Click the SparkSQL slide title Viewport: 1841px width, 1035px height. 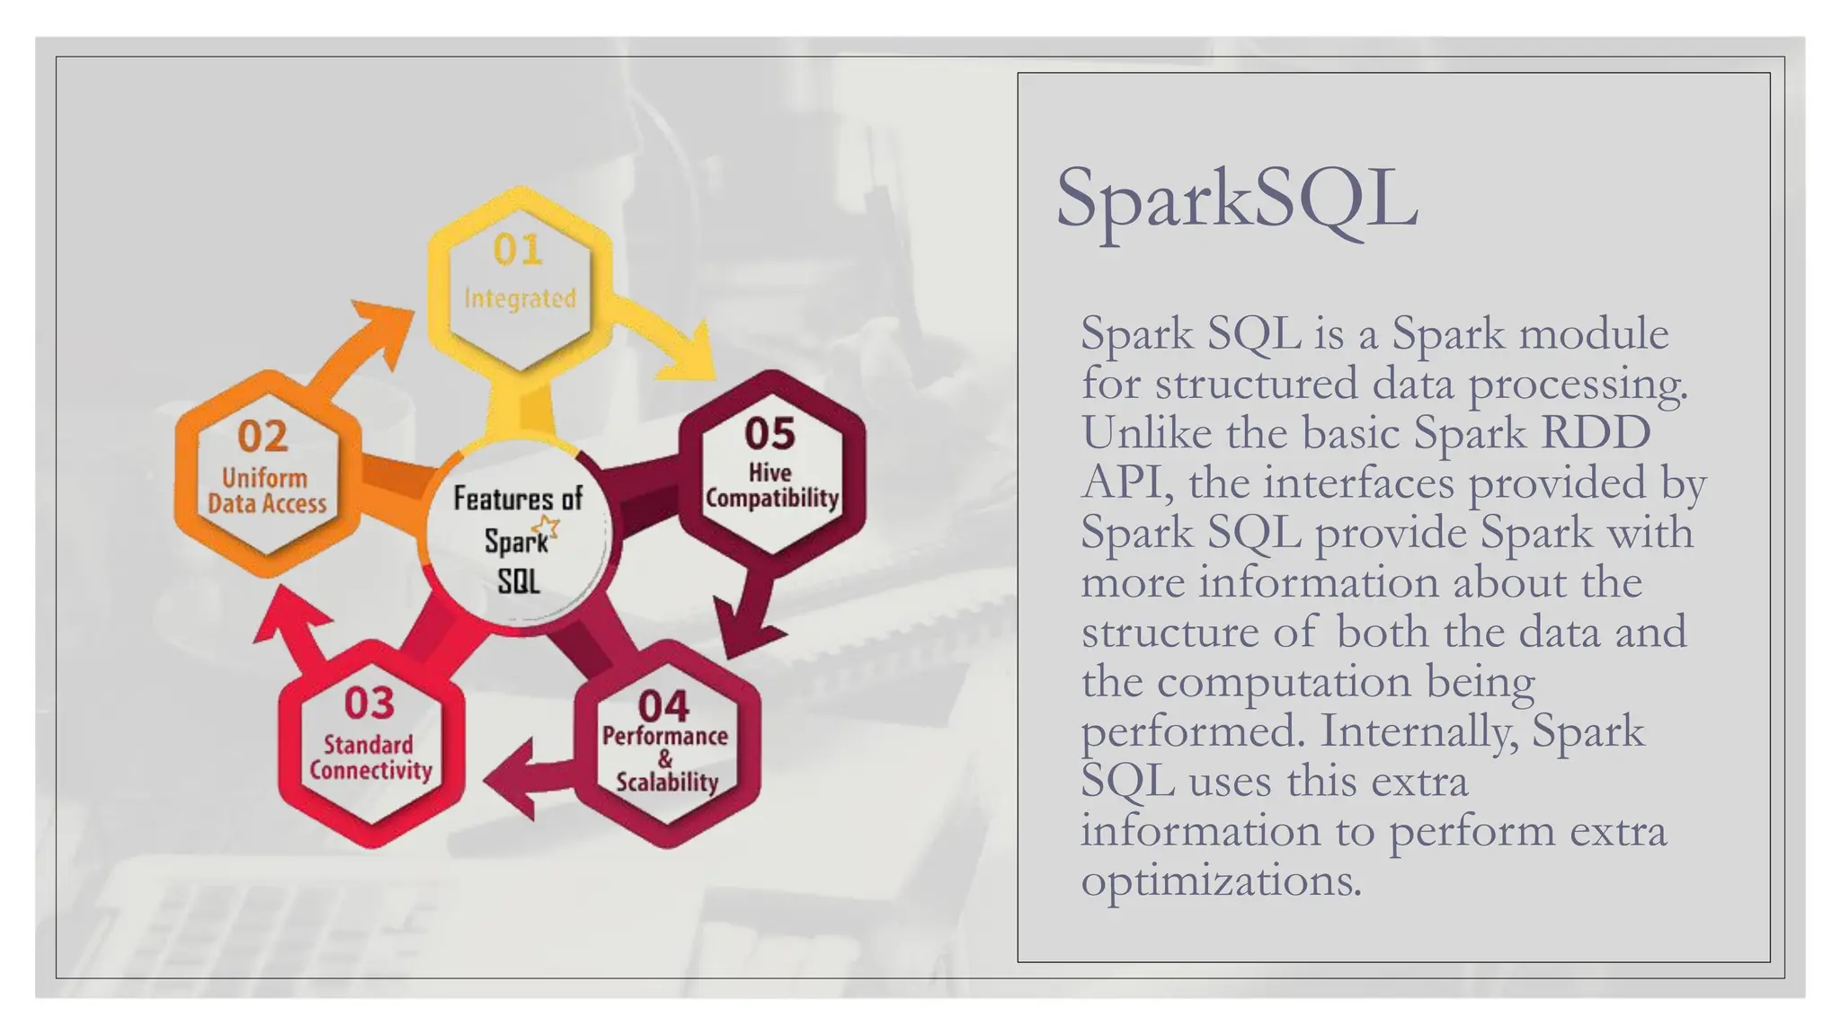1235,199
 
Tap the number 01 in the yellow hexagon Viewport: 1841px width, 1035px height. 518,250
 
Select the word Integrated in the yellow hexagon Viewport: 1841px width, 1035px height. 520,297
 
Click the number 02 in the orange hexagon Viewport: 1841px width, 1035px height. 262,437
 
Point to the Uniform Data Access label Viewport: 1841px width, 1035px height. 266,491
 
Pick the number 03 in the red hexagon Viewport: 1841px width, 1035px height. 369,703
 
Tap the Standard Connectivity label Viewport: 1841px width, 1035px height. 370,757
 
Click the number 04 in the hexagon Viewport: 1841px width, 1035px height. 663,705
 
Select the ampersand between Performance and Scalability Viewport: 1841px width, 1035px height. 665,759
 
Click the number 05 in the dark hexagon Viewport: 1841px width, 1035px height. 769,434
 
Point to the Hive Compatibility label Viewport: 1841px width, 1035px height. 771,485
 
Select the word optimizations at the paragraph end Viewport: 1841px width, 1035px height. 1221,880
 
